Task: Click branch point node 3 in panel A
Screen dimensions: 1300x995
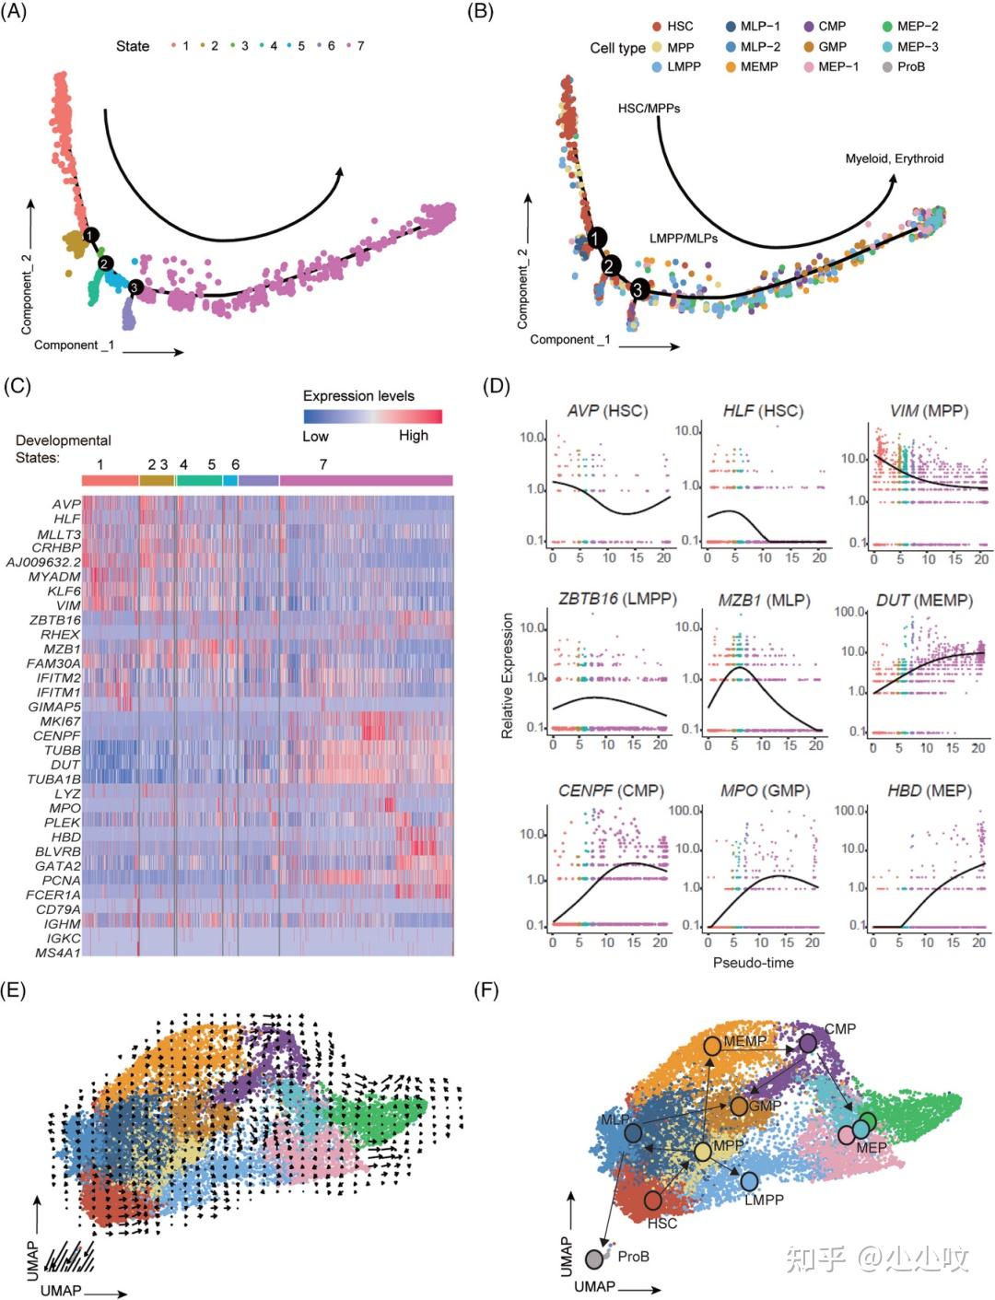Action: tap(136, 288)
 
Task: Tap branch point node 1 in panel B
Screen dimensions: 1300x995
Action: tap(597, 239)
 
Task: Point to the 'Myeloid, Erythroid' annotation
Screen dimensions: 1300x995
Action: tap(894, 158)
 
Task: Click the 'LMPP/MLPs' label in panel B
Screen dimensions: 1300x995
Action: tap(683, 238)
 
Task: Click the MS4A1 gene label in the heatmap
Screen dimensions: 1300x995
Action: tap(57, 952)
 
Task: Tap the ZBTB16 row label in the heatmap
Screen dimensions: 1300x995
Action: tap(54, 620)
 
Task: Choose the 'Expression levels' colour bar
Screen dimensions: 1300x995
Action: tap(372, 416)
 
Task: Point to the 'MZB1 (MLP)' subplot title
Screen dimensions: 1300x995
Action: tap(764, 600)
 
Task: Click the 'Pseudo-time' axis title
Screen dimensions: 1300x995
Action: tap(753, 962)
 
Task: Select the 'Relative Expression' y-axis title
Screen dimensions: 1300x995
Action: tap(508, 675)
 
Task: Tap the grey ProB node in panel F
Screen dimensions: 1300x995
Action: tap(595, 1258)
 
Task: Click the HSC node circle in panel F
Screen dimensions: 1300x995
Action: tap(652, 1200)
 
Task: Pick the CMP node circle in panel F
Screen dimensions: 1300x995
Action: tap(808, 1043)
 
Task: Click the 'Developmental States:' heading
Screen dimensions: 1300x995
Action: tap(63, 449)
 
